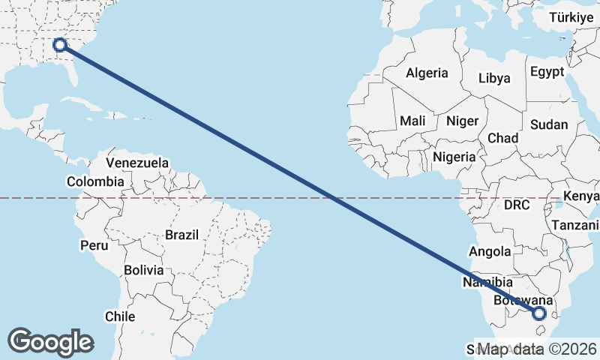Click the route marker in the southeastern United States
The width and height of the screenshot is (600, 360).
61,46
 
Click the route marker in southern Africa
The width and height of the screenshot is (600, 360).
539,314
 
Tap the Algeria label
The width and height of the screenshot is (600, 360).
427,73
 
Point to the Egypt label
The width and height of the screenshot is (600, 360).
546,72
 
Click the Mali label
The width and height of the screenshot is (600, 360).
412,121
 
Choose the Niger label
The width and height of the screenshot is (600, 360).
462,121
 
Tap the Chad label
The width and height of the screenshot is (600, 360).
502,138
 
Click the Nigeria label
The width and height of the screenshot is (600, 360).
454,157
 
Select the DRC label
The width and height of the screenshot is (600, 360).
517,205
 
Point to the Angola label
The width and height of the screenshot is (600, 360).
490,252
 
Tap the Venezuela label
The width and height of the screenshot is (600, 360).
137,163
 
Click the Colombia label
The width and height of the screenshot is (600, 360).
95,181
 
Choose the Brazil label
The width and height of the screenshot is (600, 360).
182,235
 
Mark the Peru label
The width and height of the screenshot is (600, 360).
94,245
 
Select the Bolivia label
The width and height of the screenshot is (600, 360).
144,269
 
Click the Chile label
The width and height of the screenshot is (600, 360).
120,316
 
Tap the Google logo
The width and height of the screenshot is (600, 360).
51,341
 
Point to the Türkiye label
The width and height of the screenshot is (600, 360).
573,17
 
